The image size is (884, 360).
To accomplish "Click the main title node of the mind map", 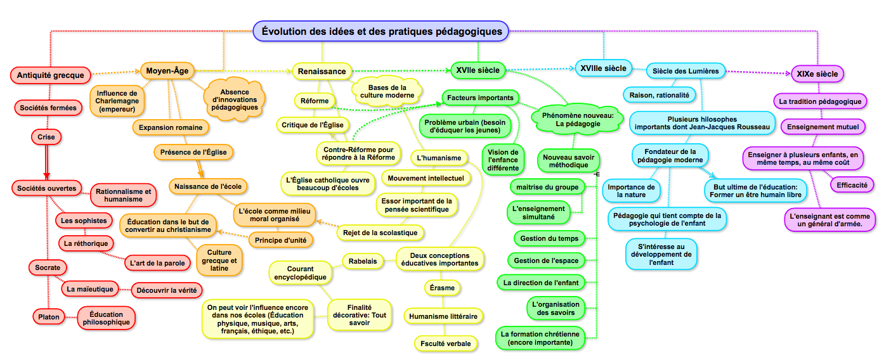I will pos(381,30).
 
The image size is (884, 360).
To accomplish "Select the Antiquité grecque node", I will pos(51,75).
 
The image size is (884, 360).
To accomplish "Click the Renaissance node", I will pos(322,72).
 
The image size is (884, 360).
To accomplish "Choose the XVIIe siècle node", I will pos(478,70).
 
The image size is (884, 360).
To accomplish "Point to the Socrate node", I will pos(44,268).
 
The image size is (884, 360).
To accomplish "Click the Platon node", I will pos(44,317).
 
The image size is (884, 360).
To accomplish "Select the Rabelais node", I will pos(363,260).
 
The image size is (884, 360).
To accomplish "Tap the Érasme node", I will pos(441,288).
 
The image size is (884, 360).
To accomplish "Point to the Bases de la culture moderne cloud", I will pos(387,91).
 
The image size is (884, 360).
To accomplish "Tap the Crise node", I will pos(46,137).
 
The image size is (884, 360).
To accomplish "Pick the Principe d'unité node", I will pos(280,240).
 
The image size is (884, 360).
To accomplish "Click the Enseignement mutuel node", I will pos(822,127).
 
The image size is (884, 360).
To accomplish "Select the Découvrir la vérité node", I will pos(166,290).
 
